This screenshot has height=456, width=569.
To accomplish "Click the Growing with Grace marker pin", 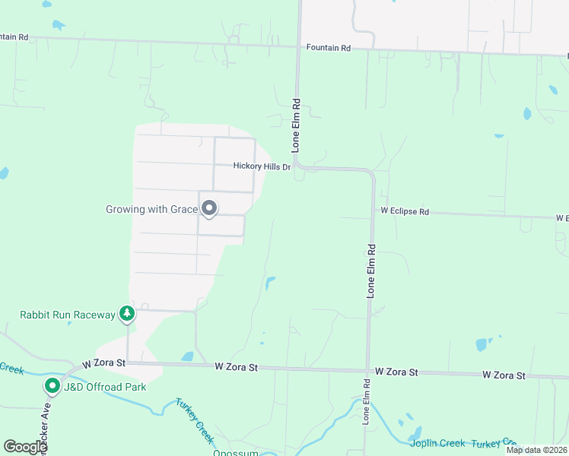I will [x=209, y=207].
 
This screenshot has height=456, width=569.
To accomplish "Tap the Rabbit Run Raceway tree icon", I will [x=127, y=314].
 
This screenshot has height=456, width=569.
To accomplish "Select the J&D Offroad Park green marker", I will [x=52, y=386].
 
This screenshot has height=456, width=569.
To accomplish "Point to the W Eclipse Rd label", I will [x=405, y=211].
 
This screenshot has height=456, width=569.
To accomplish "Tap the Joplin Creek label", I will [x=437, y=443].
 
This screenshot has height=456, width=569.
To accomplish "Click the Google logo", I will [x=24, y=447].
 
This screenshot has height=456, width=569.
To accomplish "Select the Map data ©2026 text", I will [x=536, y=450].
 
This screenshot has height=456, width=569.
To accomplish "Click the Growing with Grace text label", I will [x=151, y=208].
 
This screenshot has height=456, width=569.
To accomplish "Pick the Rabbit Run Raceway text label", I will [x=67, y=315].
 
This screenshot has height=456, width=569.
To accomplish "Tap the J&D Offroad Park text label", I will [x=105, y=387].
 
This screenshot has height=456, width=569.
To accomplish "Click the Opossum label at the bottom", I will [x=236, y=453].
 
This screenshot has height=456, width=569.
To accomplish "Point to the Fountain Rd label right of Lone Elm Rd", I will [x=329, y=48].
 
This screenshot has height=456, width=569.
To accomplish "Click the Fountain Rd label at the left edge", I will [x=14, y=36].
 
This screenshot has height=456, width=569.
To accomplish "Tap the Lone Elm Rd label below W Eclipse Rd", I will [x=372, y=270].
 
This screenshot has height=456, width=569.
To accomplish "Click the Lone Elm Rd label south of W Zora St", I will [x=366, y=407].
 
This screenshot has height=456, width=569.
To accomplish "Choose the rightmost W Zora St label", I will [x=504, y=375].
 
